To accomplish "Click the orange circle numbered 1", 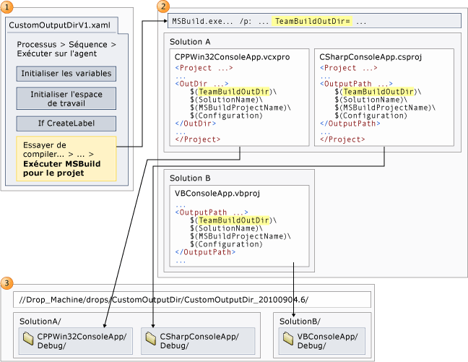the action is click(x=7, y=7).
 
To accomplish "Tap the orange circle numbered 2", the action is click(x=163, y=7).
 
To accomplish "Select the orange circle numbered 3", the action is click(x=7, y=283).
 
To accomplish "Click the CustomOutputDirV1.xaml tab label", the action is click(x=59, y=25).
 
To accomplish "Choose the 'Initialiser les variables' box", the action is click(x=66, y=74).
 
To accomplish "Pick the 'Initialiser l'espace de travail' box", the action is click(x=66, y=98).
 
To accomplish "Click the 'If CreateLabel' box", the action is click(x=66, y=124).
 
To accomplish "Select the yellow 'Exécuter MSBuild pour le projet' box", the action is click(x=66, y=159).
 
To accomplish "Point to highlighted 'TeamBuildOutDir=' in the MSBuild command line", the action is click(x=312, y=21).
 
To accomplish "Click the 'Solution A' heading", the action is click(x=190, y=42).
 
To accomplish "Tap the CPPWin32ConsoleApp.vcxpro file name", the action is click(x=233, y=57).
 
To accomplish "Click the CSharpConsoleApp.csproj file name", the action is click(x=370, y=57).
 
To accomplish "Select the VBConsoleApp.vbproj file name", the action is click(x=217, y=194).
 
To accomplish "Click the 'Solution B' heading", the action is click(x=190, y=178).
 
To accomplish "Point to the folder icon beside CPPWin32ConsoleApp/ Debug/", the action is click(x=28, y=339).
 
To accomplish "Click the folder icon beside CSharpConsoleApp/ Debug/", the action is click(x=151, y=339).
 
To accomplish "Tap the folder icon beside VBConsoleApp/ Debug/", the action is click(x=288, y=339).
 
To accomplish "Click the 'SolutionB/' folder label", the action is click(x=300, y=322).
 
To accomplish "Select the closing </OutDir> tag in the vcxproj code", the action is click(x=196, y=124).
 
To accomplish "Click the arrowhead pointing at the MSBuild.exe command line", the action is click(x=165, y=21).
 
